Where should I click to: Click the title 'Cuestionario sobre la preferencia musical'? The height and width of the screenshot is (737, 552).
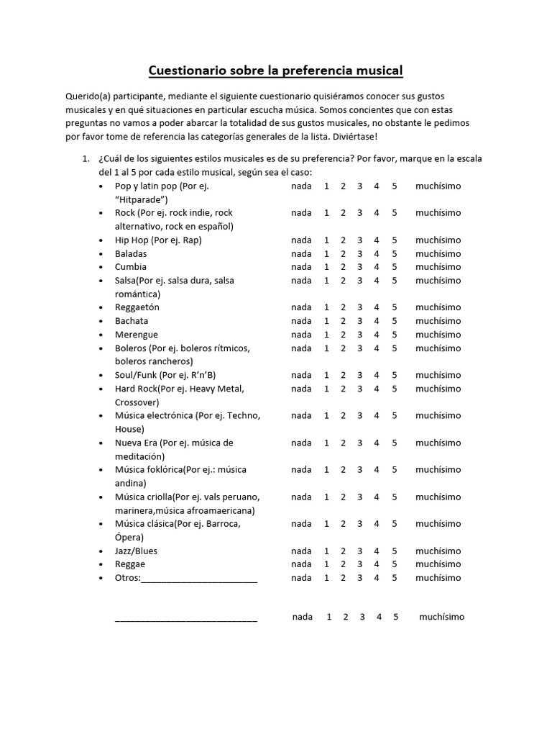click(275, 71)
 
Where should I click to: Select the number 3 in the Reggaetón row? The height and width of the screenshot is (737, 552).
click(360, 307)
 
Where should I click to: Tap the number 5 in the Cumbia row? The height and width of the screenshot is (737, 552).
click(395, 267)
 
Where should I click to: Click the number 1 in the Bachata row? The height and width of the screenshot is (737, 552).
click(326, 321)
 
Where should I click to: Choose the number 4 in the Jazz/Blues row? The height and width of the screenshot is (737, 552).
click(377, 551)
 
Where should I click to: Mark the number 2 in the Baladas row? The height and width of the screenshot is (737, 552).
click(344, 254)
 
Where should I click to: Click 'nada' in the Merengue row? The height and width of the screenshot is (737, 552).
click(301, 335)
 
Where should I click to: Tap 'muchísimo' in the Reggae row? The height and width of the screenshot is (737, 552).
click(438, 564)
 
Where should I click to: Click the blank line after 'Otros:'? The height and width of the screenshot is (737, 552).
click(199, 579)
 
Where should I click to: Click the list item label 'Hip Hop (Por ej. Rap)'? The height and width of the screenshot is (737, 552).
click(158, 240)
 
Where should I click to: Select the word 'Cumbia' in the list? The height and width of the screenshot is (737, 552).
click(131, 267)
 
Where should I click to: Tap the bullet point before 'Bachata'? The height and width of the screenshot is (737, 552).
click(100, 322)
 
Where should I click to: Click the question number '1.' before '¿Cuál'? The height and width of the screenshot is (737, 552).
click(86, 159)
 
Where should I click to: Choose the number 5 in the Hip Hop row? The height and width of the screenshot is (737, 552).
click(395, 240)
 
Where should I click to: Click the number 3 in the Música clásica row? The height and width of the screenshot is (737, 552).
click(360, 524)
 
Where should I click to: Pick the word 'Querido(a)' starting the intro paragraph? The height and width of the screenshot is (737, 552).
click(88, 96)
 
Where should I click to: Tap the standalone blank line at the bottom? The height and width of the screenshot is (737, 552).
click(185, 618)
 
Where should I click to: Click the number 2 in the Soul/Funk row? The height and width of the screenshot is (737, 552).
click(344, 375)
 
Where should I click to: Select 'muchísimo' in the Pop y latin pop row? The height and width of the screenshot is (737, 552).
click(438, 186)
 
